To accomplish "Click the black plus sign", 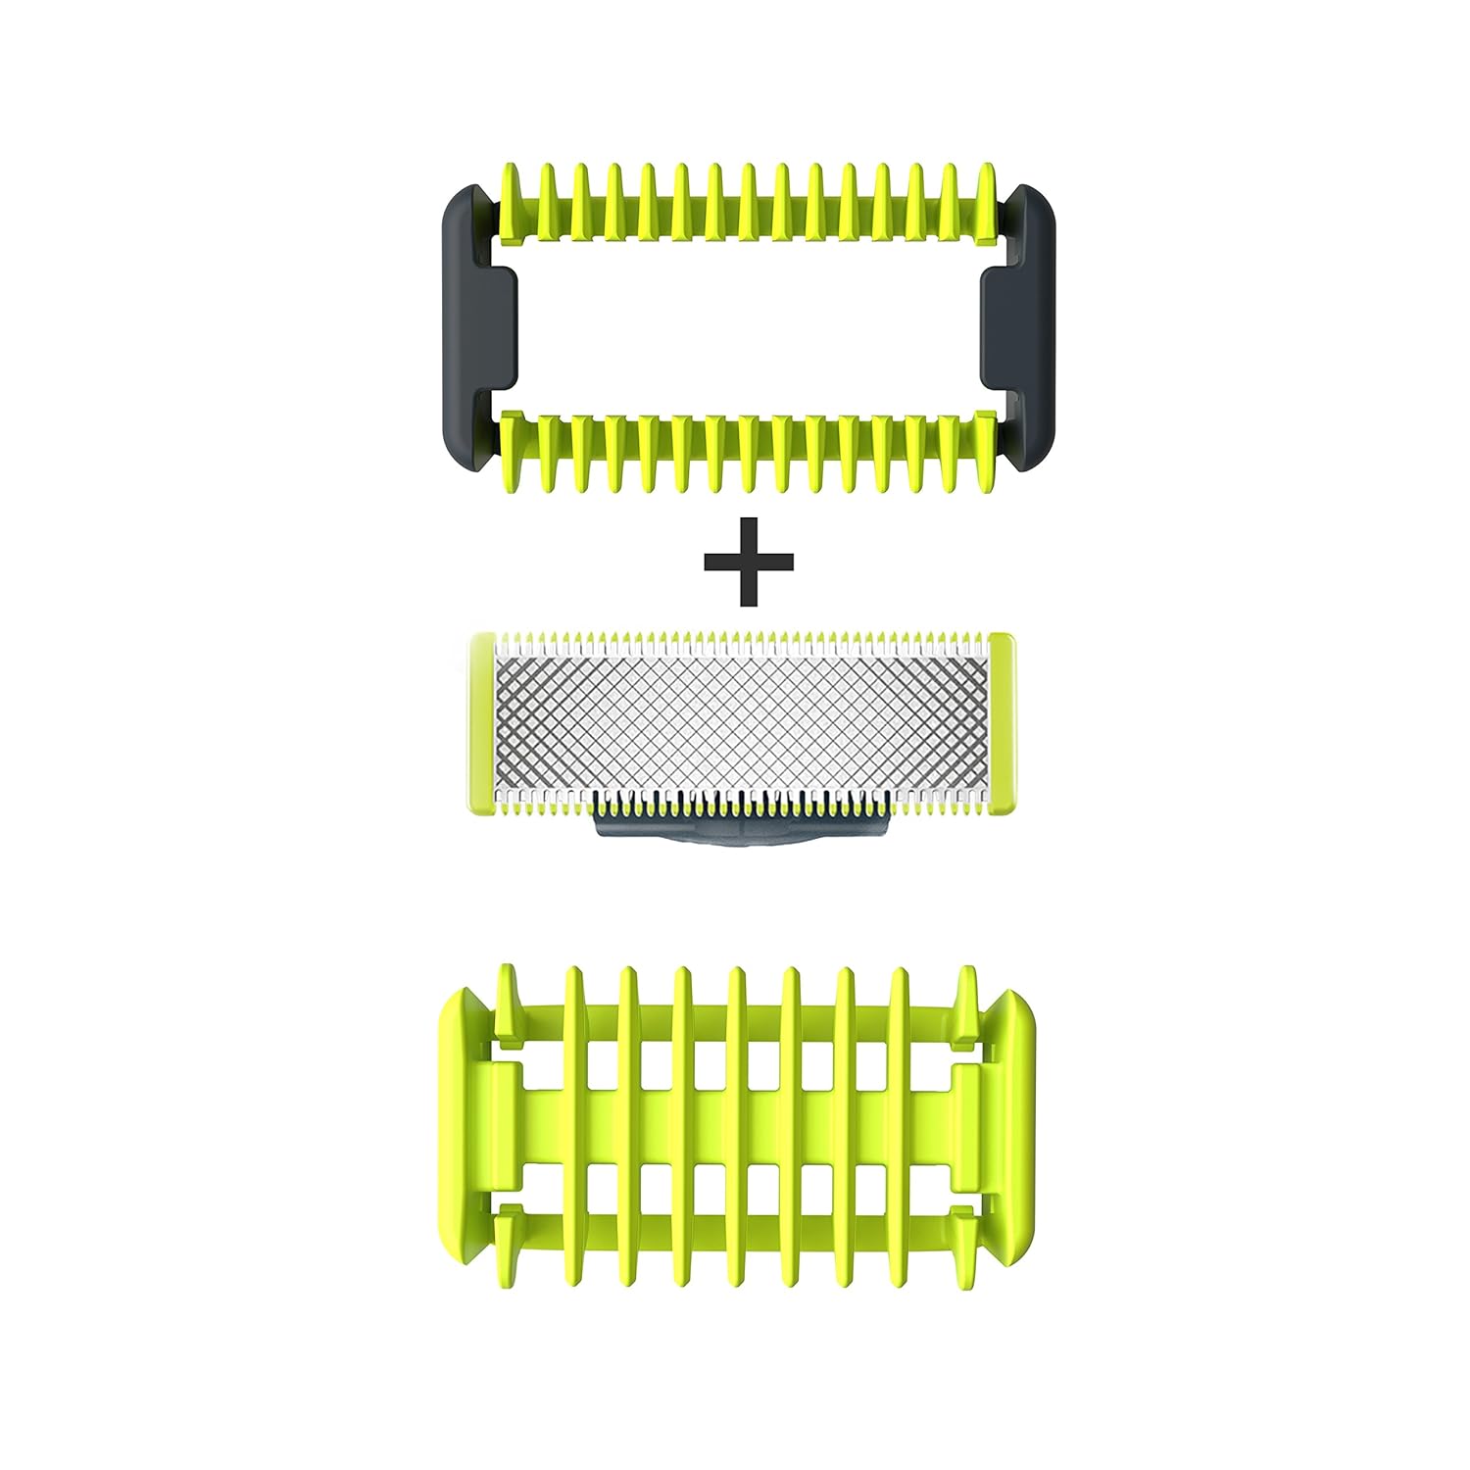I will [x=749, y=562].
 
